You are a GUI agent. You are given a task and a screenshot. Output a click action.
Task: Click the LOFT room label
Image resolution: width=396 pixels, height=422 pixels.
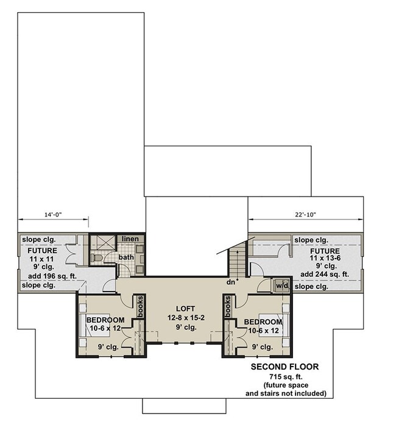tap(185, 309)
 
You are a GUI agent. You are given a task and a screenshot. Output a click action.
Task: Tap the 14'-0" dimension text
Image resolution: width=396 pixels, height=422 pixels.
tap(53, 215)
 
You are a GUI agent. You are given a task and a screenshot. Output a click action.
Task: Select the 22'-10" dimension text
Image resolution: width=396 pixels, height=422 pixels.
tap(305, 215)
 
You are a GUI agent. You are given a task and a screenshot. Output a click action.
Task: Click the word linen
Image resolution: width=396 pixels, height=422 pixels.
tap(130, 238)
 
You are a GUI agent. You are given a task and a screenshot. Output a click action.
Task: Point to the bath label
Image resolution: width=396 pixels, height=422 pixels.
tap(126, 257)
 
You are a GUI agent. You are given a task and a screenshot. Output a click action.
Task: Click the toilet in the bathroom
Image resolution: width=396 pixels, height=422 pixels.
tap(96, 258)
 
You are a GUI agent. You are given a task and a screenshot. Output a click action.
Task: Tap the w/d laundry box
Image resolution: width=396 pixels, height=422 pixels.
tap(281, 285)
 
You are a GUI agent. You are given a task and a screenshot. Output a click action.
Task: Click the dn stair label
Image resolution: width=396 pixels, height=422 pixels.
tap(231, 282)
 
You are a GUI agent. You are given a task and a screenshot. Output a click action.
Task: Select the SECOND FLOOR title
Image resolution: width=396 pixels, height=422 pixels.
tap(285, 367)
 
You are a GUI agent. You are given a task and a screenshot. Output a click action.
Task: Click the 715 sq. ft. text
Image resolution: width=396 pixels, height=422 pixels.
tap(286, 377)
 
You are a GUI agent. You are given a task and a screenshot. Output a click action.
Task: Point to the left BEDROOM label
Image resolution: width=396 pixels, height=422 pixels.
tap(105, 320)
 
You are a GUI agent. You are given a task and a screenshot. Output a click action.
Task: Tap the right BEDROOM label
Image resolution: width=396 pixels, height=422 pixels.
tap(263, 322)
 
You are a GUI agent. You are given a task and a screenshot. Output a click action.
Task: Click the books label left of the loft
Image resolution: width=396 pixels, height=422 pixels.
tap(140, 307)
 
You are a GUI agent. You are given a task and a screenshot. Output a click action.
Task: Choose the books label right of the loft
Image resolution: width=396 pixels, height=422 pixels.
tap(228, 307)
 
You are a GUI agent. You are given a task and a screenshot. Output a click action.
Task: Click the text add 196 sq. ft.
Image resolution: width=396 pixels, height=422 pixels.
tap(52, 276)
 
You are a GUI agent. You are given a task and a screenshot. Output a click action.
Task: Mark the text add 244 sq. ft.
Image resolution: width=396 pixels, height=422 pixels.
tap(325, 274)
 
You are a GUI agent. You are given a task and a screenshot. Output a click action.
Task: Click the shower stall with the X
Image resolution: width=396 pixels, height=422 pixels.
tap(103, 243)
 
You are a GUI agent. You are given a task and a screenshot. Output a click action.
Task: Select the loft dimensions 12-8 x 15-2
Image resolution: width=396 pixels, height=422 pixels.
tap(186, 318)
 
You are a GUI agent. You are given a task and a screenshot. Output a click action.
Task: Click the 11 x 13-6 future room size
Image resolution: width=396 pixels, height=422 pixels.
tap(325, 258)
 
